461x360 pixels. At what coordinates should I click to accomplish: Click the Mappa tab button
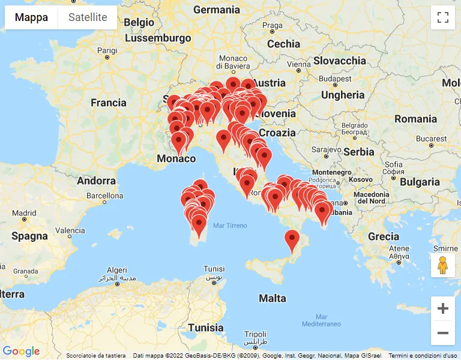[x=31, y=17]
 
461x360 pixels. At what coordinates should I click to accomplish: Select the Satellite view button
[x=88, y=17]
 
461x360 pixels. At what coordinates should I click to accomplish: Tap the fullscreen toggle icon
[x=443, y=17]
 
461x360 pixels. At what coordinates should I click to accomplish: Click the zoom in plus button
[x=443, y=309]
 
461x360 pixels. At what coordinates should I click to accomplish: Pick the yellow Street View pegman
[x=443, y=265]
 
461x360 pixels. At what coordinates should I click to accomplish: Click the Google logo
[x=21, y=352]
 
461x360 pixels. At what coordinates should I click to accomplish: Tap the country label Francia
[x=109, y=103]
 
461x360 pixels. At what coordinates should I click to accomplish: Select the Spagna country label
[x=29, y=236]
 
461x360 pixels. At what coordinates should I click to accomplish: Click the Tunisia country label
[x=205, y=328]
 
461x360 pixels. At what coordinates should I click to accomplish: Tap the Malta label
[x=273, y=298]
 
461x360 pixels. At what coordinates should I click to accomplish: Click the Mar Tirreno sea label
[x=230, y=226]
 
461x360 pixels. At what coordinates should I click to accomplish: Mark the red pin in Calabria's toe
[x=292, y=240]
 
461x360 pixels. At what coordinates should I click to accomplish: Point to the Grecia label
[x=384, y=236]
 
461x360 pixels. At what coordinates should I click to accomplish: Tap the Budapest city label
[x=335, y=79]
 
